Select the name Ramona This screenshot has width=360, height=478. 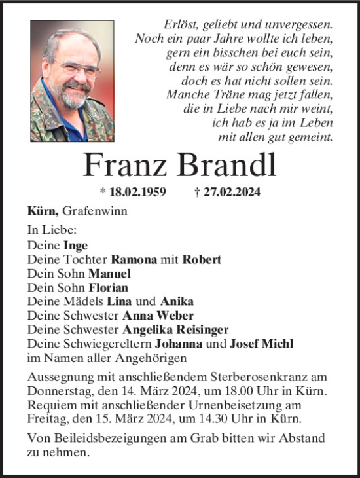(134, 259)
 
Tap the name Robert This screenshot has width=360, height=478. (202, 259)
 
